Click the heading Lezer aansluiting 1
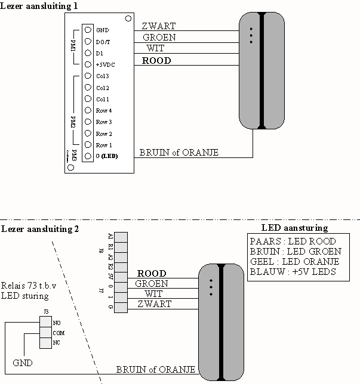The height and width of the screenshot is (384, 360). click(x=39, y=5)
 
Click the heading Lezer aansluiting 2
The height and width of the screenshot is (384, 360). click(x=39, y=229)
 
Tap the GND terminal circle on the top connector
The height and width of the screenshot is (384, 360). click(x=88, y=30)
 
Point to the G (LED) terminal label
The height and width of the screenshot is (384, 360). click(x=107, y=156)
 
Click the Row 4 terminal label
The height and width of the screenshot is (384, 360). click(x=104, y=110)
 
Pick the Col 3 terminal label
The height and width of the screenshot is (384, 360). click(x=102, y=76)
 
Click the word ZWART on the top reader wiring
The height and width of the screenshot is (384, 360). click(x=159, y=27)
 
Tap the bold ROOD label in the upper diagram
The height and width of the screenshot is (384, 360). click(x=156, y=61)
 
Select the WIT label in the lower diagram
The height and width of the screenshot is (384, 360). click(x=153, y=294)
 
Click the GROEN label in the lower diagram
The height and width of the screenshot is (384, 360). click(x=152, y=284)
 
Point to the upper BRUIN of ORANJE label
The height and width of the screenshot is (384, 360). click(x=179, y=153)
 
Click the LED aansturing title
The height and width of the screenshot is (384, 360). click(x=294, y=228)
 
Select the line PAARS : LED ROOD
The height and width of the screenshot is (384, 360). click(x=292, y=241)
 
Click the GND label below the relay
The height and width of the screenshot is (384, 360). click(x=23, y=363)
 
